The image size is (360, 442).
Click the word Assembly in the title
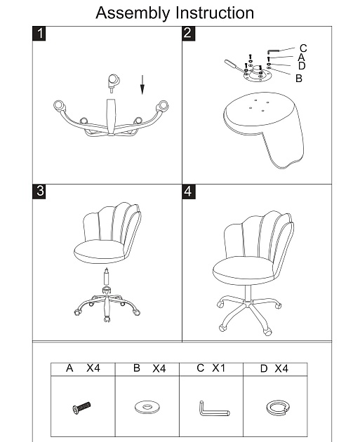coord(133,13)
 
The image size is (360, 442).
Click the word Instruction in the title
coord(215,13)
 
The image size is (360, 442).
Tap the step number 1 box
coord(39,33)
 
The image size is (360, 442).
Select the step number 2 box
coord(189,33)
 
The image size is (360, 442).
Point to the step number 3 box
coord(39,192)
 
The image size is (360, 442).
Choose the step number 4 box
coord(189,192)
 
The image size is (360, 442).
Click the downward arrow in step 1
coord(142,85)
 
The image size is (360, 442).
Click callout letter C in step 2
coord(303,48)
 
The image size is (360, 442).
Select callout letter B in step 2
coord(299,78)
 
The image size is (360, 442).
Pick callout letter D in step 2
coord(302,66)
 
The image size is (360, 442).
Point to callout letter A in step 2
coord(301,58)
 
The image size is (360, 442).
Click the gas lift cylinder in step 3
coord(107,277)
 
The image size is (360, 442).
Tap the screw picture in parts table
coord(81,408)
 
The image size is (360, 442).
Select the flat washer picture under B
coord(147,407)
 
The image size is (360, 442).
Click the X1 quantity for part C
coord(218,368)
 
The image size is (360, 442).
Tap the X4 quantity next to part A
coord(93,368)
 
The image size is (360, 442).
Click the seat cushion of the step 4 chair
coord(244,270)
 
